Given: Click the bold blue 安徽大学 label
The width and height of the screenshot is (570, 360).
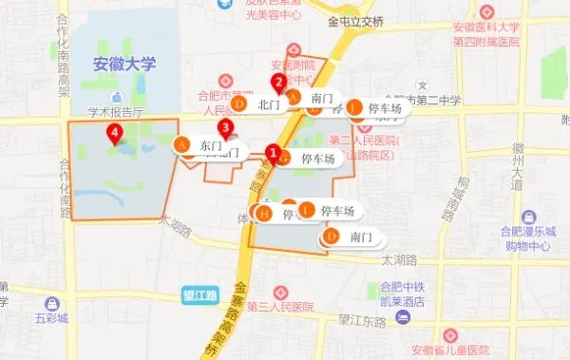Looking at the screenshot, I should [123, 65].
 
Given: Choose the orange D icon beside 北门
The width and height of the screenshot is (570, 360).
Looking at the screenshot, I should [239, 103].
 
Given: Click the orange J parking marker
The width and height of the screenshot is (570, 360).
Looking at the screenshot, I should [355, 108].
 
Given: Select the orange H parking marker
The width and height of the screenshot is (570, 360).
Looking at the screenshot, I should [264, 215].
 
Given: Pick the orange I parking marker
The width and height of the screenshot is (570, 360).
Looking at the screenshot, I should [307, 210].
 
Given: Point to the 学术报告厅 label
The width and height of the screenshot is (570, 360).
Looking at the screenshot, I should [114, 111].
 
